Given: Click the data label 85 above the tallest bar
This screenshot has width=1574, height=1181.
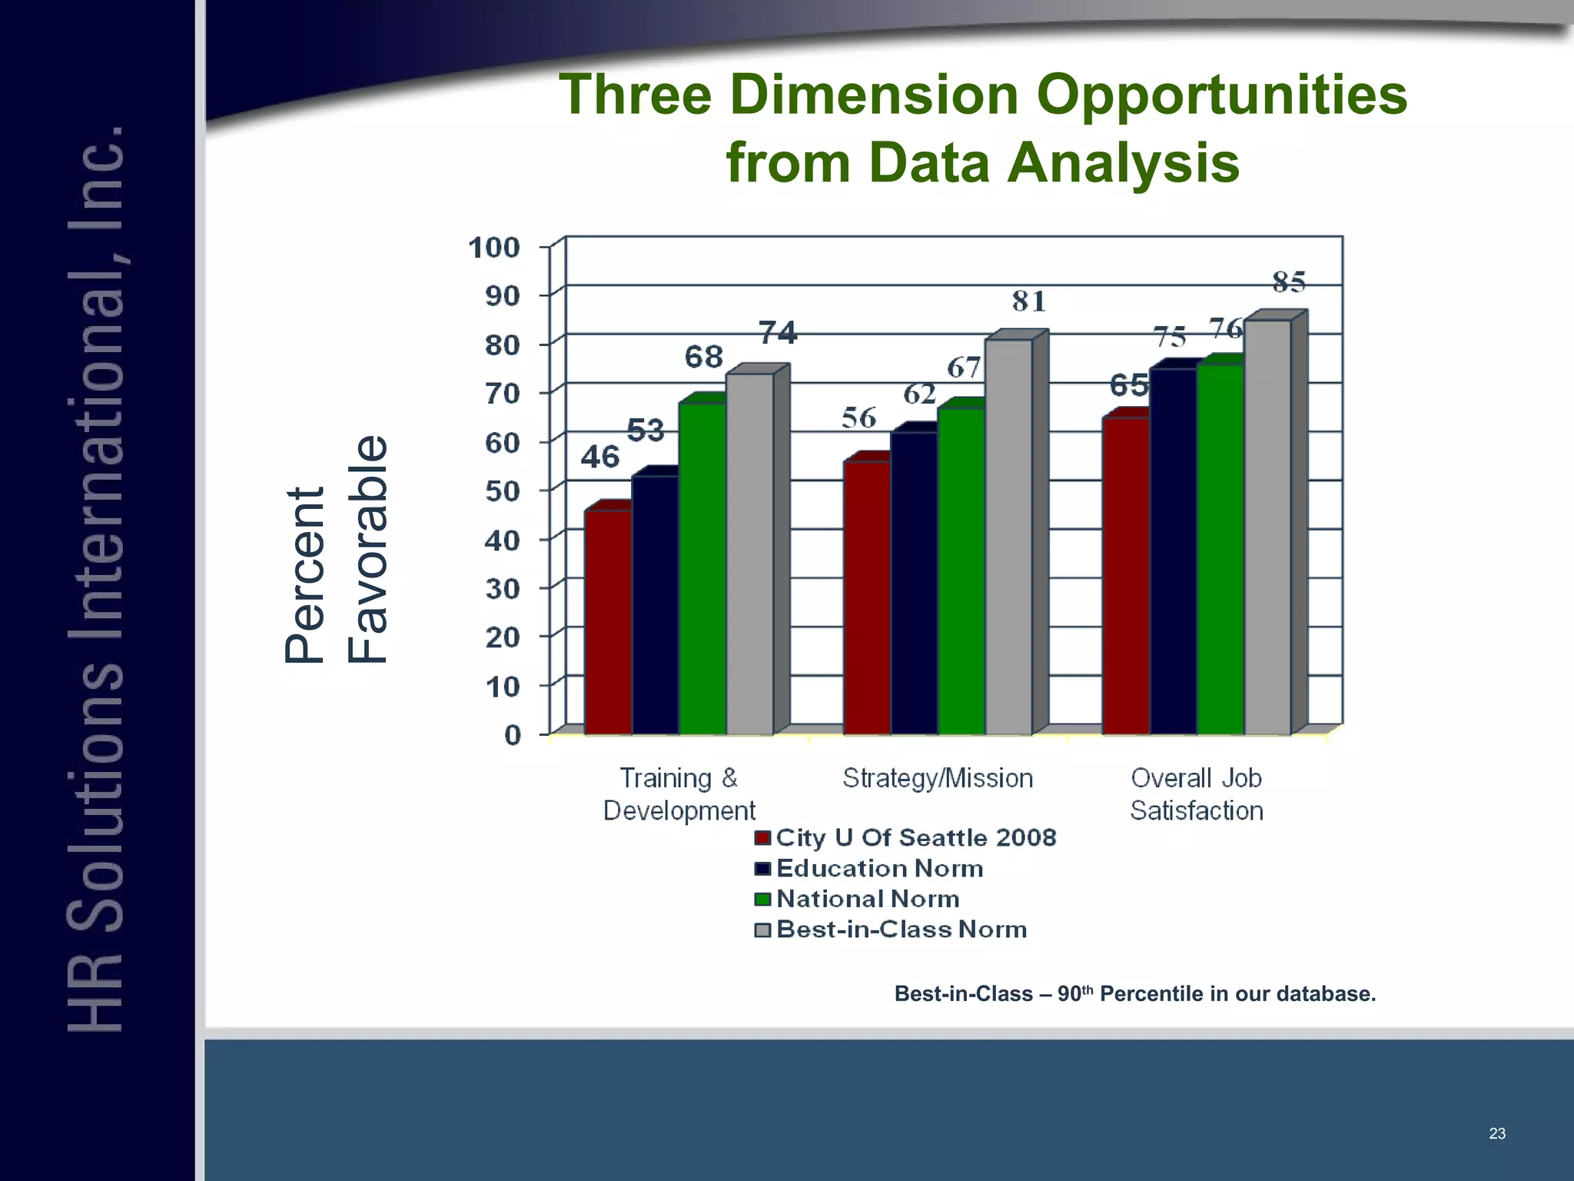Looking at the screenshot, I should point(1289,282).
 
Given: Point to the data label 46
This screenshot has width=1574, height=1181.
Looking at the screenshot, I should point(599,457).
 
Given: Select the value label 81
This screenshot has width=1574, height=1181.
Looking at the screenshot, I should point(1028,301).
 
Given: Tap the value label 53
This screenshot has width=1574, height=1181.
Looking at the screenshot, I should point(646,431).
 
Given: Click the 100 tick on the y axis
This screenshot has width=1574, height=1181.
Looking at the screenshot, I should point(494,248).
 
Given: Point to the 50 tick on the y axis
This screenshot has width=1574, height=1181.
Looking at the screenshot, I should point(503,491).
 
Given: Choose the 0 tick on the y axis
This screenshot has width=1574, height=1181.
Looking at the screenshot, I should point(512,735).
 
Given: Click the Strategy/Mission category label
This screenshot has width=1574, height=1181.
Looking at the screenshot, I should point(937,778).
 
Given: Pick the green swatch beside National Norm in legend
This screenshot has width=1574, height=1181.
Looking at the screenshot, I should point(762,900).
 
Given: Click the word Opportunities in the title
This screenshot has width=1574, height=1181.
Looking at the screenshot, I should point(1221,95).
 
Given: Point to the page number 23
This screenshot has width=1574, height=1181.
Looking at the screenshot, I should point(1496,1133).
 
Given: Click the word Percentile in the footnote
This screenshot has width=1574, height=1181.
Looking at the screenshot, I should point(1151,994).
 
